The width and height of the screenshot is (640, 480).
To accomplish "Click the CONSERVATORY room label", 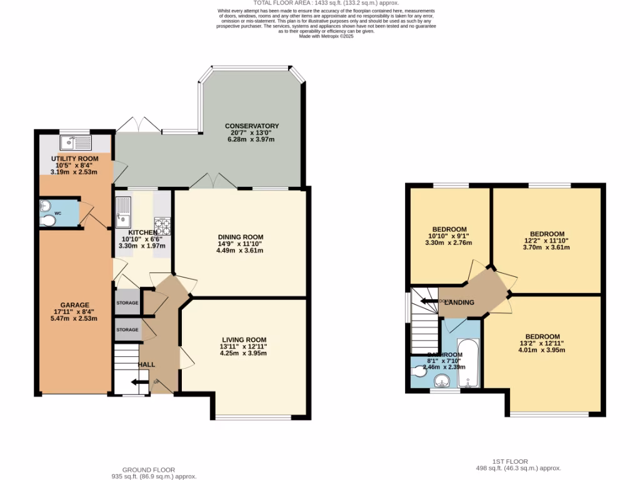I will point(252,126).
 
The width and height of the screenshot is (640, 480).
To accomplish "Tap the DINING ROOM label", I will point(241,237).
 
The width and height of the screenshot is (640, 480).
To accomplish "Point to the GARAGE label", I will point(75,305).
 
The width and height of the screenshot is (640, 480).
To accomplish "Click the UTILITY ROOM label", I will point(74,159).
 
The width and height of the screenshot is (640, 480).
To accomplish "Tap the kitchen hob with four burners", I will point(162,224).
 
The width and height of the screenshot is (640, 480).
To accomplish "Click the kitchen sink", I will point(122,212).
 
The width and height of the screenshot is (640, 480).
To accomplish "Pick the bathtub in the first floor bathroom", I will point(469,362).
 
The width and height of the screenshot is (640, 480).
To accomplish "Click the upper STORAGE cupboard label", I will point(127,303).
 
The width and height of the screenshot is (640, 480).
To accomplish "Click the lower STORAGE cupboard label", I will point(127,329).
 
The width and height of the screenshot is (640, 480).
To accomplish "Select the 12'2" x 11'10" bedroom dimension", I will point(547,241).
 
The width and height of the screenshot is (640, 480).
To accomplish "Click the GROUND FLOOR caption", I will point(148,470).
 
